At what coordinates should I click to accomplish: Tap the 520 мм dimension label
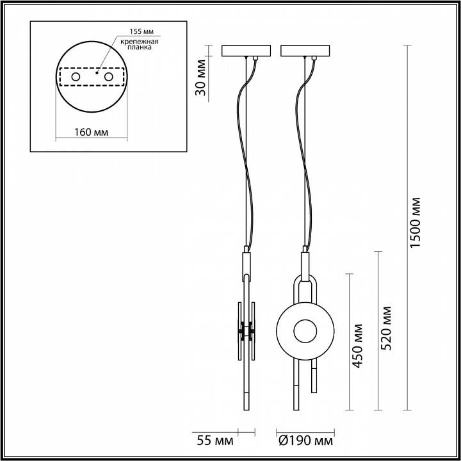click(x=386, y=327)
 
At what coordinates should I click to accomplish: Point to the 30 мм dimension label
click(x=200, y=77)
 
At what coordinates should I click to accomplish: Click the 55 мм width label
click(x=215, y=441)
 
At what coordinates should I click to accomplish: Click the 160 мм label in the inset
click(x=90, y=133)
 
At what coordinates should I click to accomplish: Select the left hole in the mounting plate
click(x=76, y=77)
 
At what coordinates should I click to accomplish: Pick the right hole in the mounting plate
click(x=108, y=77)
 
